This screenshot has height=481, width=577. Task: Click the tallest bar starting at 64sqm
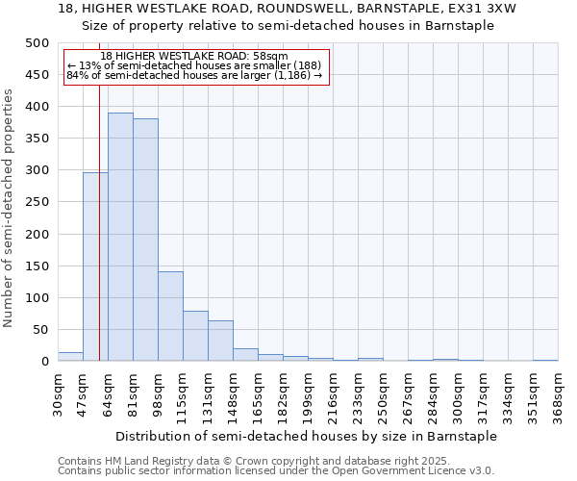click(x=120, y=237)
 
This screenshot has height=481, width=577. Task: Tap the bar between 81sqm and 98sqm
click(x=145, y=240)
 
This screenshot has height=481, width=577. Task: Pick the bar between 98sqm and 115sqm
click(x=170, y=316)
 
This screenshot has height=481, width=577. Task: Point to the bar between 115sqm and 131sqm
click(x=195, y=336)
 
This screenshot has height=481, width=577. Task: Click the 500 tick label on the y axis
click(x=38, y=43)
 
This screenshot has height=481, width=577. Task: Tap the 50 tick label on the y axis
click(x=41, y=330)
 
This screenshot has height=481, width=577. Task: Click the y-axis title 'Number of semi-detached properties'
click(x=9, y=208)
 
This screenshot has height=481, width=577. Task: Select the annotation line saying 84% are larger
click(x=194, y=74)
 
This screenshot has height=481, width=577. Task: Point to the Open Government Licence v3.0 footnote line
click(x=276, y=470)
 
